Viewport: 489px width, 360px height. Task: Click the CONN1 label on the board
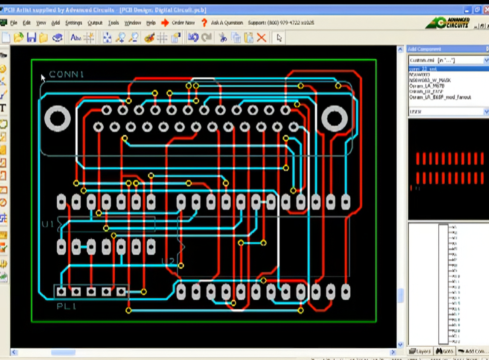click(67, 75)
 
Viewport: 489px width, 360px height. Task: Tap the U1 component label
click(48, 224)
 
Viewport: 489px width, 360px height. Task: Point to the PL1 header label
click(67, 306)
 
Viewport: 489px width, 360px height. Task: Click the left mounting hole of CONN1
click(57, 119)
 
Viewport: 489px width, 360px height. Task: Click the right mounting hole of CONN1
click(335, 119)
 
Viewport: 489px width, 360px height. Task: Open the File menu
click(14, 23)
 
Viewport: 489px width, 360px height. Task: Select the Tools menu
click(114, 23)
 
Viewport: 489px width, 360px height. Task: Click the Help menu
click(151, 23)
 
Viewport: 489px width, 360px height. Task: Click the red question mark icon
click(204, 23)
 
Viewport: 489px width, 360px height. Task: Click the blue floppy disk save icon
click(31, 38)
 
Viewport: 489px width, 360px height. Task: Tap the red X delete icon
click(262, 38)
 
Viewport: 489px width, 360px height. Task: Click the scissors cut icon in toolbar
click(223, 38)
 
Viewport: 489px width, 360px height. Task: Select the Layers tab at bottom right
click(420, 351)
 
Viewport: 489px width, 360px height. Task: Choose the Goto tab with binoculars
click(445, 351)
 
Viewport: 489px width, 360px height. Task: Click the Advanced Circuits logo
click(448, 23)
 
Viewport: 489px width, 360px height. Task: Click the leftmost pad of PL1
click(61, 292)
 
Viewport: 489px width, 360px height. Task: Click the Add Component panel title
click(424, 49)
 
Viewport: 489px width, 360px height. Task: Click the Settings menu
click(73, 23)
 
